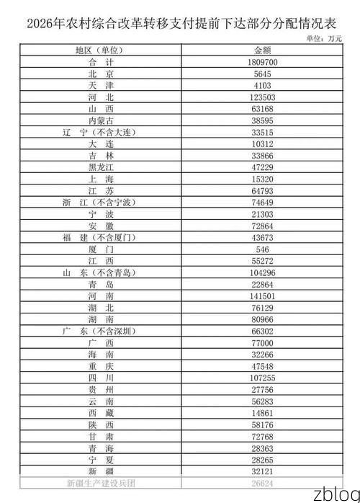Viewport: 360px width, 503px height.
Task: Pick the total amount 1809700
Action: coord(262,63)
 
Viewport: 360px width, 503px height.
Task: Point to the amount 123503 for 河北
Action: coord(262,97)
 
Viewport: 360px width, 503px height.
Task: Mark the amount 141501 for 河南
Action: coord(262,295)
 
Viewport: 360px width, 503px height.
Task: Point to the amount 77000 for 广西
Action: coord(262,342)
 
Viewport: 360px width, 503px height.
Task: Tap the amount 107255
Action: coord(262,377)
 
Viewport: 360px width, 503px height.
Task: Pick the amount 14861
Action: coord(262,412)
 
